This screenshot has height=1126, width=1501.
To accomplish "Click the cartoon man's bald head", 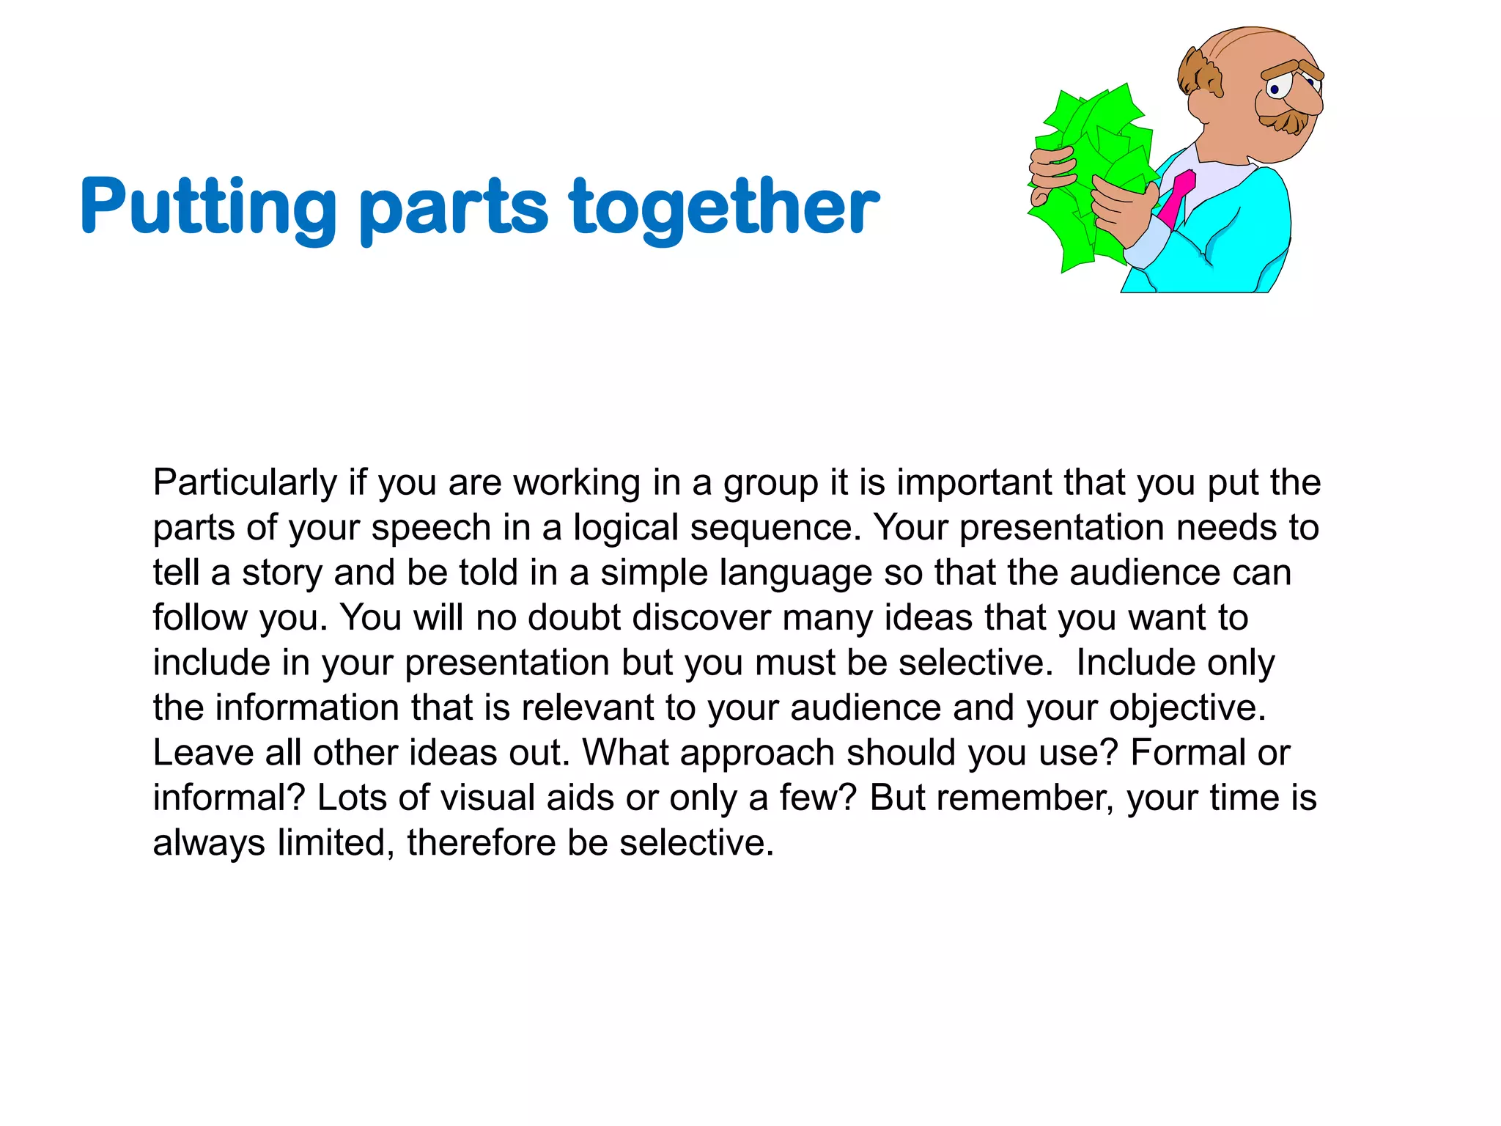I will coord(1246,55).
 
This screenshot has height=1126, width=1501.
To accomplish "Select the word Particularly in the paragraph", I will coord(245,483).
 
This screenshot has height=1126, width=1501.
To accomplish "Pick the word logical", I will coord(626,529).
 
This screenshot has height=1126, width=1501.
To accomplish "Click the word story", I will coord(282,573).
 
